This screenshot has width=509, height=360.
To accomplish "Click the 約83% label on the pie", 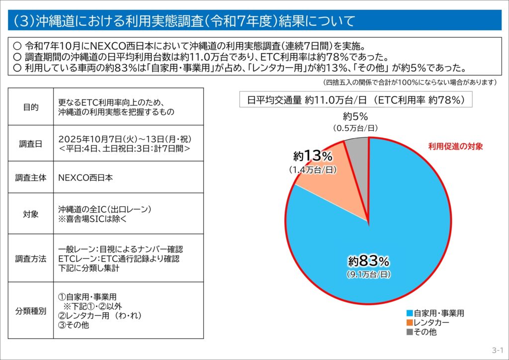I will [x=368, y=261].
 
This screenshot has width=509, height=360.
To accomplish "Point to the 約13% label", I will [x=313, y=156].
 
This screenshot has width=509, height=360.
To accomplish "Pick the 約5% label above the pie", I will [x=355, y=117].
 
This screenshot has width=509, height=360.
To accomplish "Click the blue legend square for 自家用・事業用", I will [x=410, y=313].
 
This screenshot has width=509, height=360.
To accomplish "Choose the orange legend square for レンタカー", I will [x=410, y=323].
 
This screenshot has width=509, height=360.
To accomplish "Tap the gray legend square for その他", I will [x=410, y=332].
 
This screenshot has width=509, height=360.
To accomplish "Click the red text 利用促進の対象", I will [x=455, y=147].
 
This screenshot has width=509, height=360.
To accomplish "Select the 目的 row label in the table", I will [x=31, y=107].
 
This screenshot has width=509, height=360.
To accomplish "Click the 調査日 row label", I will [x=31, y=144].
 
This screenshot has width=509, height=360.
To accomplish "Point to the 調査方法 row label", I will [x=31, y=259].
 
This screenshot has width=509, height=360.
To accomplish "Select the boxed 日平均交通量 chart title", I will [x=355, y=99].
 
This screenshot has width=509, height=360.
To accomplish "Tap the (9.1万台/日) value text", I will [x=368, y=274].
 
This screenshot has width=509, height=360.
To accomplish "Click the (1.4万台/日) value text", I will [x=313, y=170].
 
